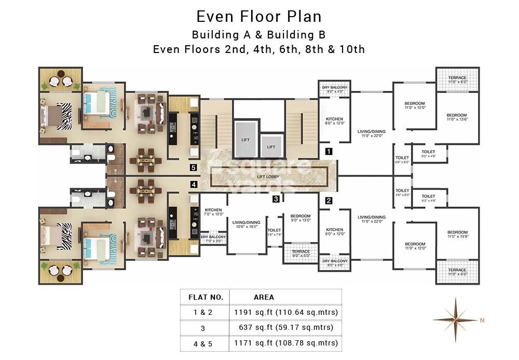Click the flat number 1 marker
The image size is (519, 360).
click(x=328, y=152)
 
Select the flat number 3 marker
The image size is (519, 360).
click(x=276, y=198)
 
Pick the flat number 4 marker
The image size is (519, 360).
click(x=193, y=184)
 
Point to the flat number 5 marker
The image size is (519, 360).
click(x=193, y=168)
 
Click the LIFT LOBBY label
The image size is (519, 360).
click(x=269, y=177)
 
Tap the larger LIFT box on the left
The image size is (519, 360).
click(x=245, y=139)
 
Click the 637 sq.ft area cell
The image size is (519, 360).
click(x=285, y=328)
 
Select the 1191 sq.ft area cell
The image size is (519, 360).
click(x=285, y=312)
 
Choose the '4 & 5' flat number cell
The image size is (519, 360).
click(x=202, y=343)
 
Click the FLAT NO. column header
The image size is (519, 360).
click(x=206, y=297)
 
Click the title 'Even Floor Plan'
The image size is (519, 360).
click(x=259, y=16)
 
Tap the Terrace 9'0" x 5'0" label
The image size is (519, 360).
click(x=301, y=254)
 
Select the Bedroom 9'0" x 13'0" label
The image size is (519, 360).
click(x=301, y=218)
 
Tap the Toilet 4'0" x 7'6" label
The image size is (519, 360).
click(x=274, y=232)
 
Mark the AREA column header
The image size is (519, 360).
click(x=264, y=297)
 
